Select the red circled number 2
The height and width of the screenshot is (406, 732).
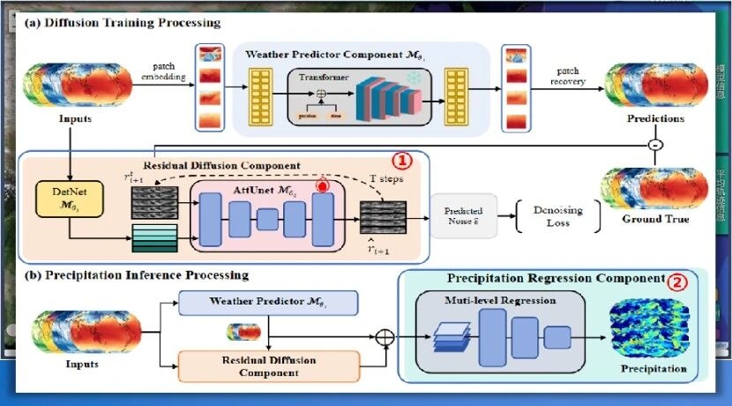pyautogui.click(x=676, y=282)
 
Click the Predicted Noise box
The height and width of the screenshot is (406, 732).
pyautogui.click(x=461, y=215)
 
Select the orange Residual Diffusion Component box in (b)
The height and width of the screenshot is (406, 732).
pyautogui.click(x=269, y=365)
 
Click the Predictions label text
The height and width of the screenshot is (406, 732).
pyautogui.click(x=654, y=117)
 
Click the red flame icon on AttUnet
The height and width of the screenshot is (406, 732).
pyautogui.click(x=322, y=186)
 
